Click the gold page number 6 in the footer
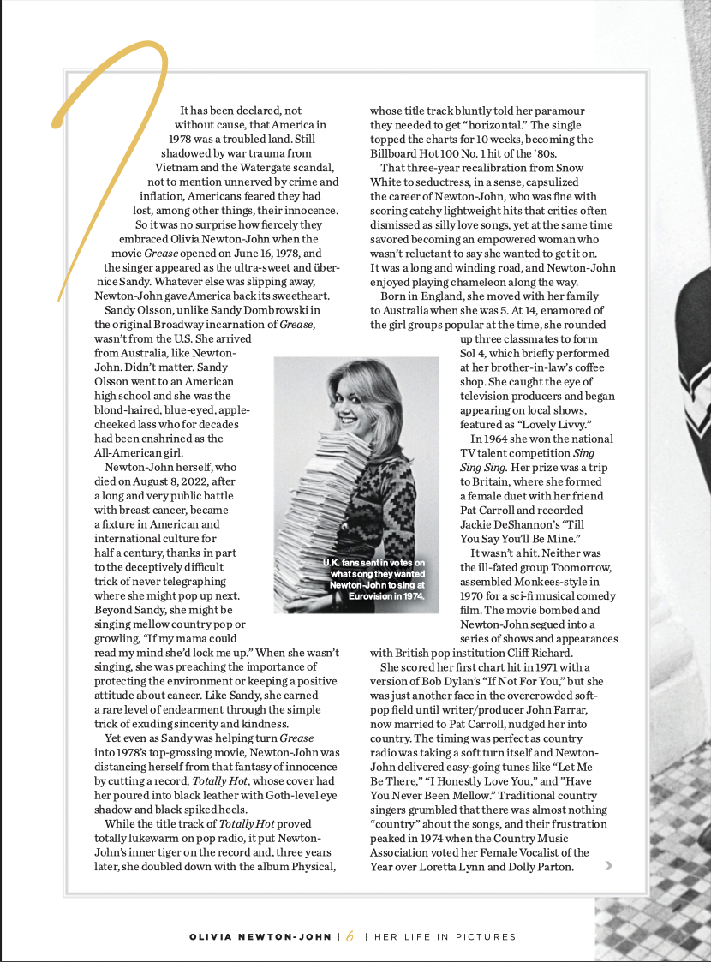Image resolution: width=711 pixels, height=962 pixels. [350, 937]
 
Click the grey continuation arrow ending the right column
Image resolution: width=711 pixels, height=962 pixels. [609, 866]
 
